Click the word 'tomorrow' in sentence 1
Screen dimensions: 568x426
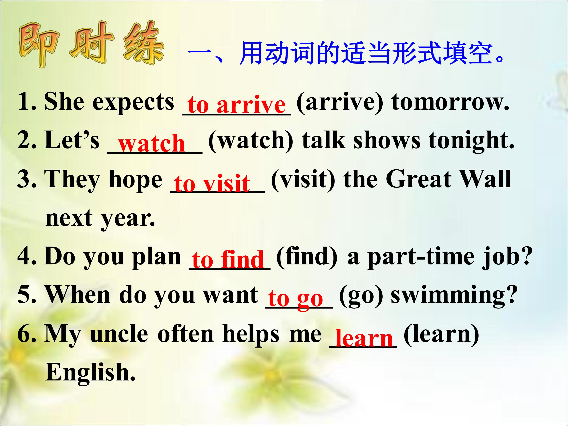pos(450,102)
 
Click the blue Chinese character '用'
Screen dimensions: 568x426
pos(251,53)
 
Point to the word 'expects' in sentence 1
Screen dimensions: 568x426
pos(133,103)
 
